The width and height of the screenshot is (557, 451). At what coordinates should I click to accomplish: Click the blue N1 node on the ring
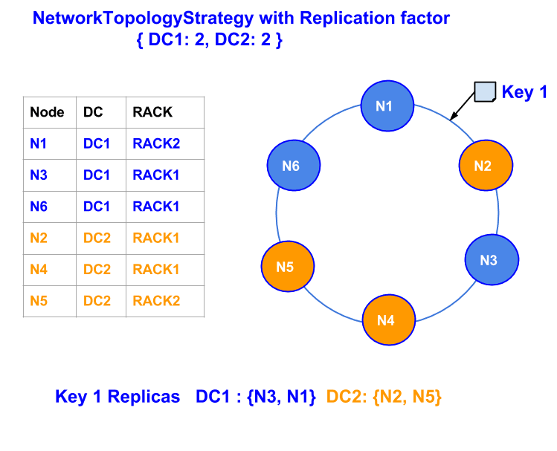point(387,106)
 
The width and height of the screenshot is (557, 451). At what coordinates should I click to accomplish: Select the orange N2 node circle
point(486,166)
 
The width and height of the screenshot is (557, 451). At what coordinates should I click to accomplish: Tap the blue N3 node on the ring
point(492,260)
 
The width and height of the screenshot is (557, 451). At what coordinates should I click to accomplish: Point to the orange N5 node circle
point(287,266)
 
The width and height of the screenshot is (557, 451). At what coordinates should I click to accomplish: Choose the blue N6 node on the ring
point(293,166)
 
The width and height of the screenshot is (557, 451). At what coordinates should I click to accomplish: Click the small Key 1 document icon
point(486,92)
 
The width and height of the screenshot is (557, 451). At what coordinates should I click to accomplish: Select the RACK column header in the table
point(152,112)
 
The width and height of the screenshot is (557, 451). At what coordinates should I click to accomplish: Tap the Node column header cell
point(47,112)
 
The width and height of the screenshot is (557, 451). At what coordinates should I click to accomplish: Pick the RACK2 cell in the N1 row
point(156,143)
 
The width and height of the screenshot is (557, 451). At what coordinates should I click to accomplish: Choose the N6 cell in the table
point(39,207)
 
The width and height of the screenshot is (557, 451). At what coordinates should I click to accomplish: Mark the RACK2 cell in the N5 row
point(156,301)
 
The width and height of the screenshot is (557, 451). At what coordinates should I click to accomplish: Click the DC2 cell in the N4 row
point(97,270)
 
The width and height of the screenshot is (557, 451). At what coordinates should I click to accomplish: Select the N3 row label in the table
point(39,175)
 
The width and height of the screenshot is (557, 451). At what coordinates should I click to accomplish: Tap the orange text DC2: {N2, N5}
point(384,397)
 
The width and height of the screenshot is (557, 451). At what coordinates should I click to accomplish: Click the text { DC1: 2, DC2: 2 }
point(209,41)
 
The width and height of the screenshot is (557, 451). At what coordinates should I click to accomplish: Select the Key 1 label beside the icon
point(524,92)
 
